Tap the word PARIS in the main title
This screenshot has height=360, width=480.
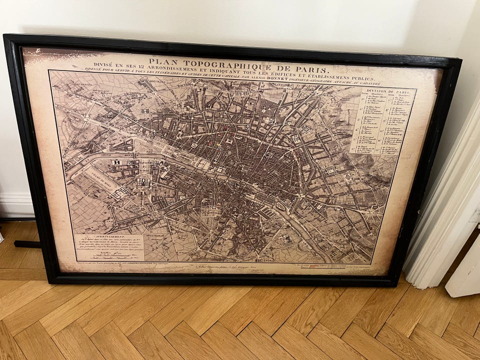tap(311, 69)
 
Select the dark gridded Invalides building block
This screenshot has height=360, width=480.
tap(143, 182)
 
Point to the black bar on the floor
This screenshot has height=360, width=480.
tap(27, 244)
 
